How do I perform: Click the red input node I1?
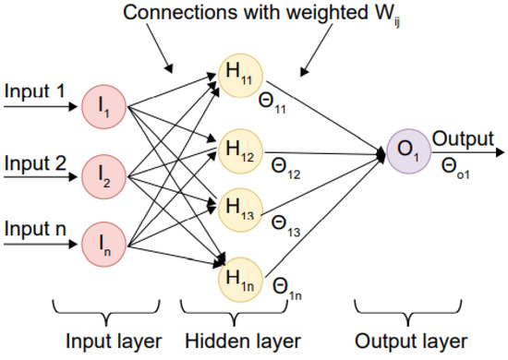(x=103, y=106)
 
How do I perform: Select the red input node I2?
(x=103, y=174)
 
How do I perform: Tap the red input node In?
(x=103, y=241)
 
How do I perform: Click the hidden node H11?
(x=238, y=74)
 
